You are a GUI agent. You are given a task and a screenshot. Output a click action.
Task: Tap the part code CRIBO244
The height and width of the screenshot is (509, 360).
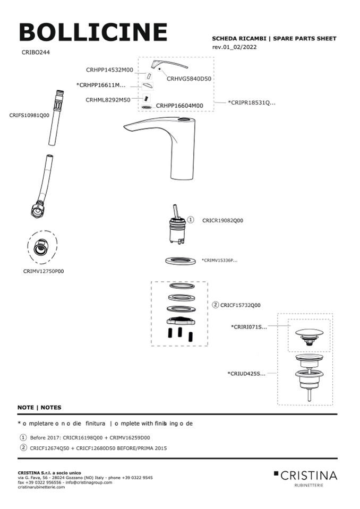pos(36,53)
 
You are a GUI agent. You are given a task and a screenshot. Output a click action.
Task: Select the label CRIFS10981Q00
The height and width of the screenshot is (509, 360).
pos(29,115)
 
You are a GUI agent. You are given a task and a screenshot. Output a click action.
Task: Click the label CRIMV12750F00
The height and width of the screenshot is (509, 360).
pos(44,271)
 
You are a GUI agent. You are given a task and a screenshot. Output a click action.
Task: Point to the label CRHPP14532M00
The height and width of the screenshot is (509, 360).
pos(109,70)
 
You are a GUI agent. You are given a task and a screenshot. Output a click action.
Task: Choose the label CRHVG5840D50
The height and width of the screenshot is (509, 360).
pos(189,79)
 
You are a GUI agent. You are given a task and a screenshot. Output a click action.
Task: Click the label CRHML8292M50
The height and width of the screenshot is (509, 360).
pos(108,99)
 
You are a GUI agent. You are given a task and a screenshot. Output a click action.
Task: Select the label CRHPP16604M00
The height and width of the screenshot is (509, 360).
pos(179,106)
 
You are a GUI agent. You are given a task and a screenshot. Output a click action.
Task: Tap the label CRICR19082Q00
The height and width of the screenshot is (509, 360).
pos(222,220)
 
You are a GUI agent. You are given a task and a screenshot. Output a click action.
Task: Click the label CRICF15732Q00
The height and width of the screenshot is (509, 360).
pos(241,305)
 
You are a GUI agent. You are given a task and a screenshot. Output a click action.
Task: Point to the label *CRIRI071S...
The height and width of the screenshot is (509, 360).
pos(248,327)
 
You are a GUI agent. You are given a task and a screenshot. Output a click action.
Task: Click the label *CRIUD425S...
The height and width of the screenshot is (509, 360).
pos(247,374)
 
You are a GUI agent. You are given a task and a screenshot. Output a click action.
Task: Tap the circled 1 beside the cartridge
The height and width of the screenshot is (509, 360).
pos(191,220)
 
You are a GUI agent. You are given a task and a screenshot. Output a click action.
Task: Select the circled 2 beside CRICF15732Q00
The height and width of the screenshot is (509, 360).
pos(216,305)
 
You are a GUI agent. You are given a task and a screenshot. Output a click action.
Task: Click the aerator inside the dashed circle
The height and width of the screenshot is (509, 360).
pos(43,247)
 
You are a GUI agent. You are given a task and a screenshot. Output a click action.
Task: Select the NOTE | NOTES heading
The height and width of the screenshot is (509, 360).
pos(39,408)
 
